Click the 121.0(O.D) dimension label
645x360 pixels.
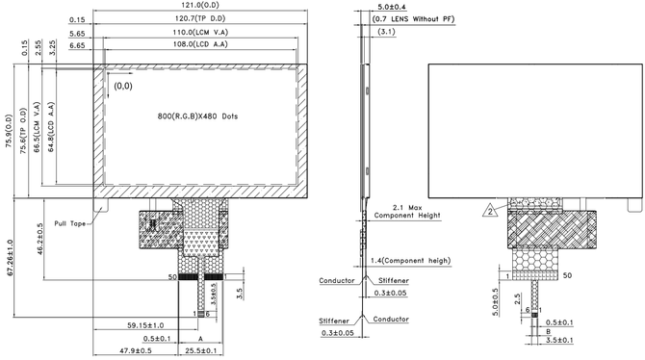(x=200, y=5)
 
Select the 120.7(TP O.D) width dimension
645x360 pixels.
(x=200, y=18)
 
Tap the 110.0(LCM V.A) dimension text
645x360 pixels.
(x=200, y=32)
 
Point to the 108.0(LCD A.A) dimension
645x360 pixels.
(x=200, y=44)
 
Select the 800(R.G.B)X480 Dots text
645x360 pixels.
(x=197, y=116)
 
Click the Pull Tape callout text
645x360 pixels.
(x=70, y=223)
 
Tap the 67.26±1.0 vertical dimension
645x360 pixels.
(x=10, y=258)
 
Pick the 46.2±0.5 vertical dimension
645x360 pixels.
(x=39, y=239)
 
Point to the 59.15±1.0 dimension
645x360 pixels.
(x=145, y=325)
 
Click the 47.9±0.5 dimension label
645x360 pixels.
(x=136, y=350)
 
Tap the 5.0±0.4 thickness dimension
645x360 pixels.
(x=392, y=7)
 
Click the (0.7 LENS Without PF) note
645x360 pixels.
(x=413, y=19)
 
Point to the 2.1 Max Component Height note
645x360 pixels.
(x=407, y=212)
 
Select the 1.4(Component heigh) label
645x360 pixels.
(x=410, y=261)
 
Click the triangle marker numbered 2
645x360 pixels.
(x=490, y=211)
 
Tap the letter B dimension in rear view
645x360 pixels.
(x=549, y=331)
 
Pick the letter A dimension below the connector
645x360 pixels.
(x=201, y=338)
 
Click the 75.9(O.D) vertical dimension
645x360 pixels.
(x=10, y=131)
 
